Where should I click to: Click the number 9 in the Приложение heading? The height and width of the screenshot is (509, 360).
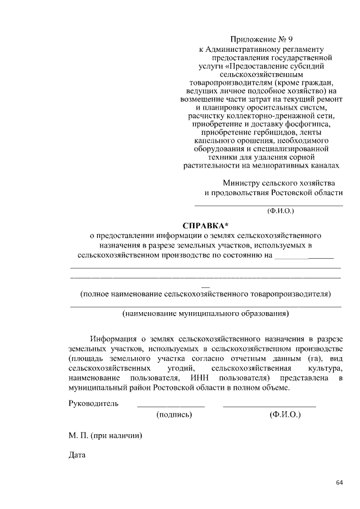[x=290, y=39]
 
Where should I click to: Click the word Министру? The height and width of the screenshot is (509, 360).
[x=243, y=183]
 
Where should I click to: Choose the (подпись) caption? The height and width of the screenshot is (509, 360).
[x=174, y=415]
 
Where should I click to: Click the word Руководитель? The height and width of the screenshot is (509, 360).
[x=93, y=403]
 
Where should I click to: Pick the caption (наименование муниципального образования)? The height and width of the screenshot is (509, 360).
[x=205, y=314]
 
